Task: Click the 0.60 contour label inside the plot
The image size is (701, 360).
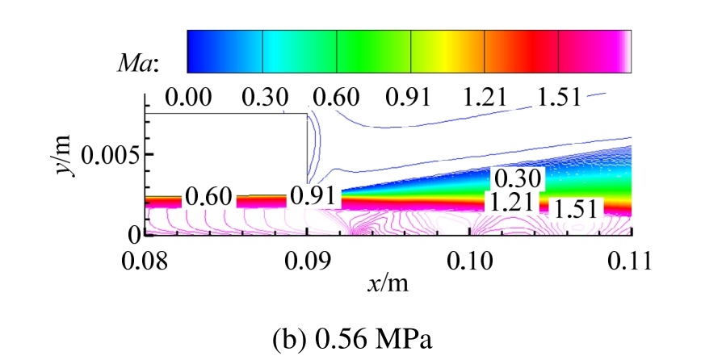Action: tap(208, 196)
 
